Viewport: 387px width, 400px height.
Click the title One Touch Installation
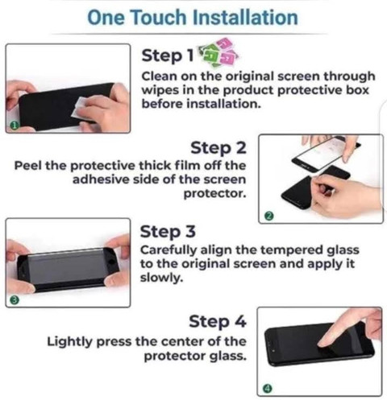pyautogui.click(x=193, y=18)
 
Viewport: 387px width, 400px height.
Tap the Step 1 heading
pyautogui.click(x=168, y=56)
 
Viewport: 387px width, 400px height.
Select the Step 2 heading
pyautogui.click(x=218, y=148)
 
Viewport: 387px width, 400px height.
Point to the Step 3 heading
pyautogui.click(x=168, y=232)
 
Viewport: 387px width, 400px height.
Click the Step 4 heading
pyautogui.click(x=218, y=321)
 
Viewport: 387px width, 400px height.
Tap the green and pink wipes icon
pyautogui.click(x=218, y=52)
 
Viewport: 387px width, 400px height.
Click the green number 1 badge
pyautogui.click(x=15, y=125)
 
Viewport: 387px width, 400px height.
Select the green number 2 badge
pyautogui.click(x=269, y=216)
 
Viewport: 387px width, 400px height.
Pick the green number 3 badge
pyautogui.click(x=15, y=300)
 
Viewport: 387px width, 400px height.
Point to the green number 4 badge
pyautogui.click(x=268, y=388)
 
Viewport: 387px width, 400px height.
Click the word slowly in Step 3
pyautogui.click(x=161, y=278)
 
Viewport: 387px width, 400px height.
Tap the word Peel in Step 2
pyautogui.click(x=28, y=165)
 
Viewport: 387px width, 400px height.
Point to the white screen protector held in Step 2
pyautogui.click(x=322, y=152)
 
